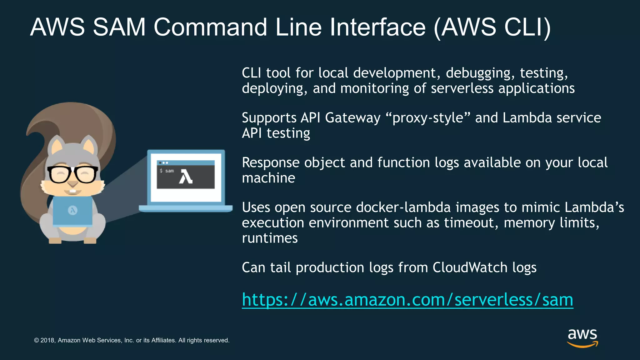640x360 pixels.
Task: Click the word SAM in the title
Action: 119,27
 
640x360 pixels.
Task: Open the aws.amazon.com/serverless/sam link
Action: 407,300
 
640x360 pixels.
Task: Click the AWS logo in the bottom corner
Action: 582,337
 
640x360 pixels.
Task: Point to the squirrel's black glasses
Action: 72,174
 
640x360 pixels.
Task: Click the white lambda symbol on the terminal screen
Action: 186,177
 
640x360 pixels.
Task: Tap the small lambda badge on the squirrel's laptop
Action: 73,210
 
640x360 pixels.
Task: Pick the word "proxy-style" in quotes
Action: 428,118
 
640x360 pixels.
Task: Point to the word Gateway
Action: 352,118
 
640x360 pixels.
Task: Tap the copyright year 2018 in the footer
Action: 48,340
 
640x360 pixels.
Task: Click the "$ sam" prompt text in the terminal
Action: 167,171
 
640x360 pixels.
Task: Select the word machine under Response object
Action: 268,178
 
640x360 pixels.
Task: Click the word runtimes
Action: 270,238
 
